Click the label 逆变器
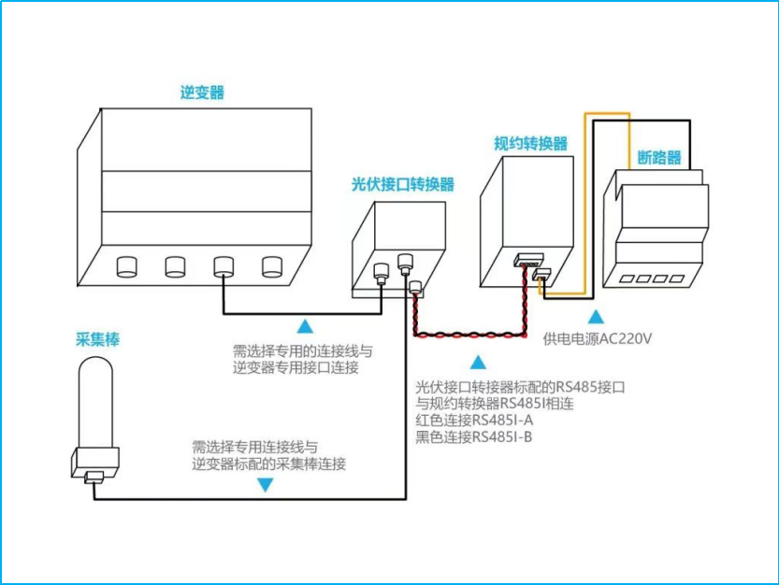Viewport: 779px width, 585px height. pos(202,93)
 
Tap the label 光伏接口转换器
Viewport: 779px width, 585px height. pos(402,184)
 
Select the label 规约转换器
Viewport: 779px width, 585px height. pos(530,143)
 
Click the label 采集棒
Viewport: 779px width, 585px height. pos(98,339)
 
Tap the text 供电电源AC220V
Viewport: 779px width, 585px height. pos(597,338)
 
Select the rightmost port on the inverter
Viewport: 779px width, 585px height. pos(271,266)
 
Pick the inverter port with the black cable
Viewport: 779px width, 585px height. pos(223,267)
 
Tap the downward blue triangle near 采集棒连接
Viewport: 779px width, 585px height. pos(266,485)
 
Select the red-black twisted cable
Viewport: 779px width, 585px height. pos(468,334)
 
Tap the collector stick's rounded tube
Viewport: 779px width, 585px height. pos(94,407)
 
